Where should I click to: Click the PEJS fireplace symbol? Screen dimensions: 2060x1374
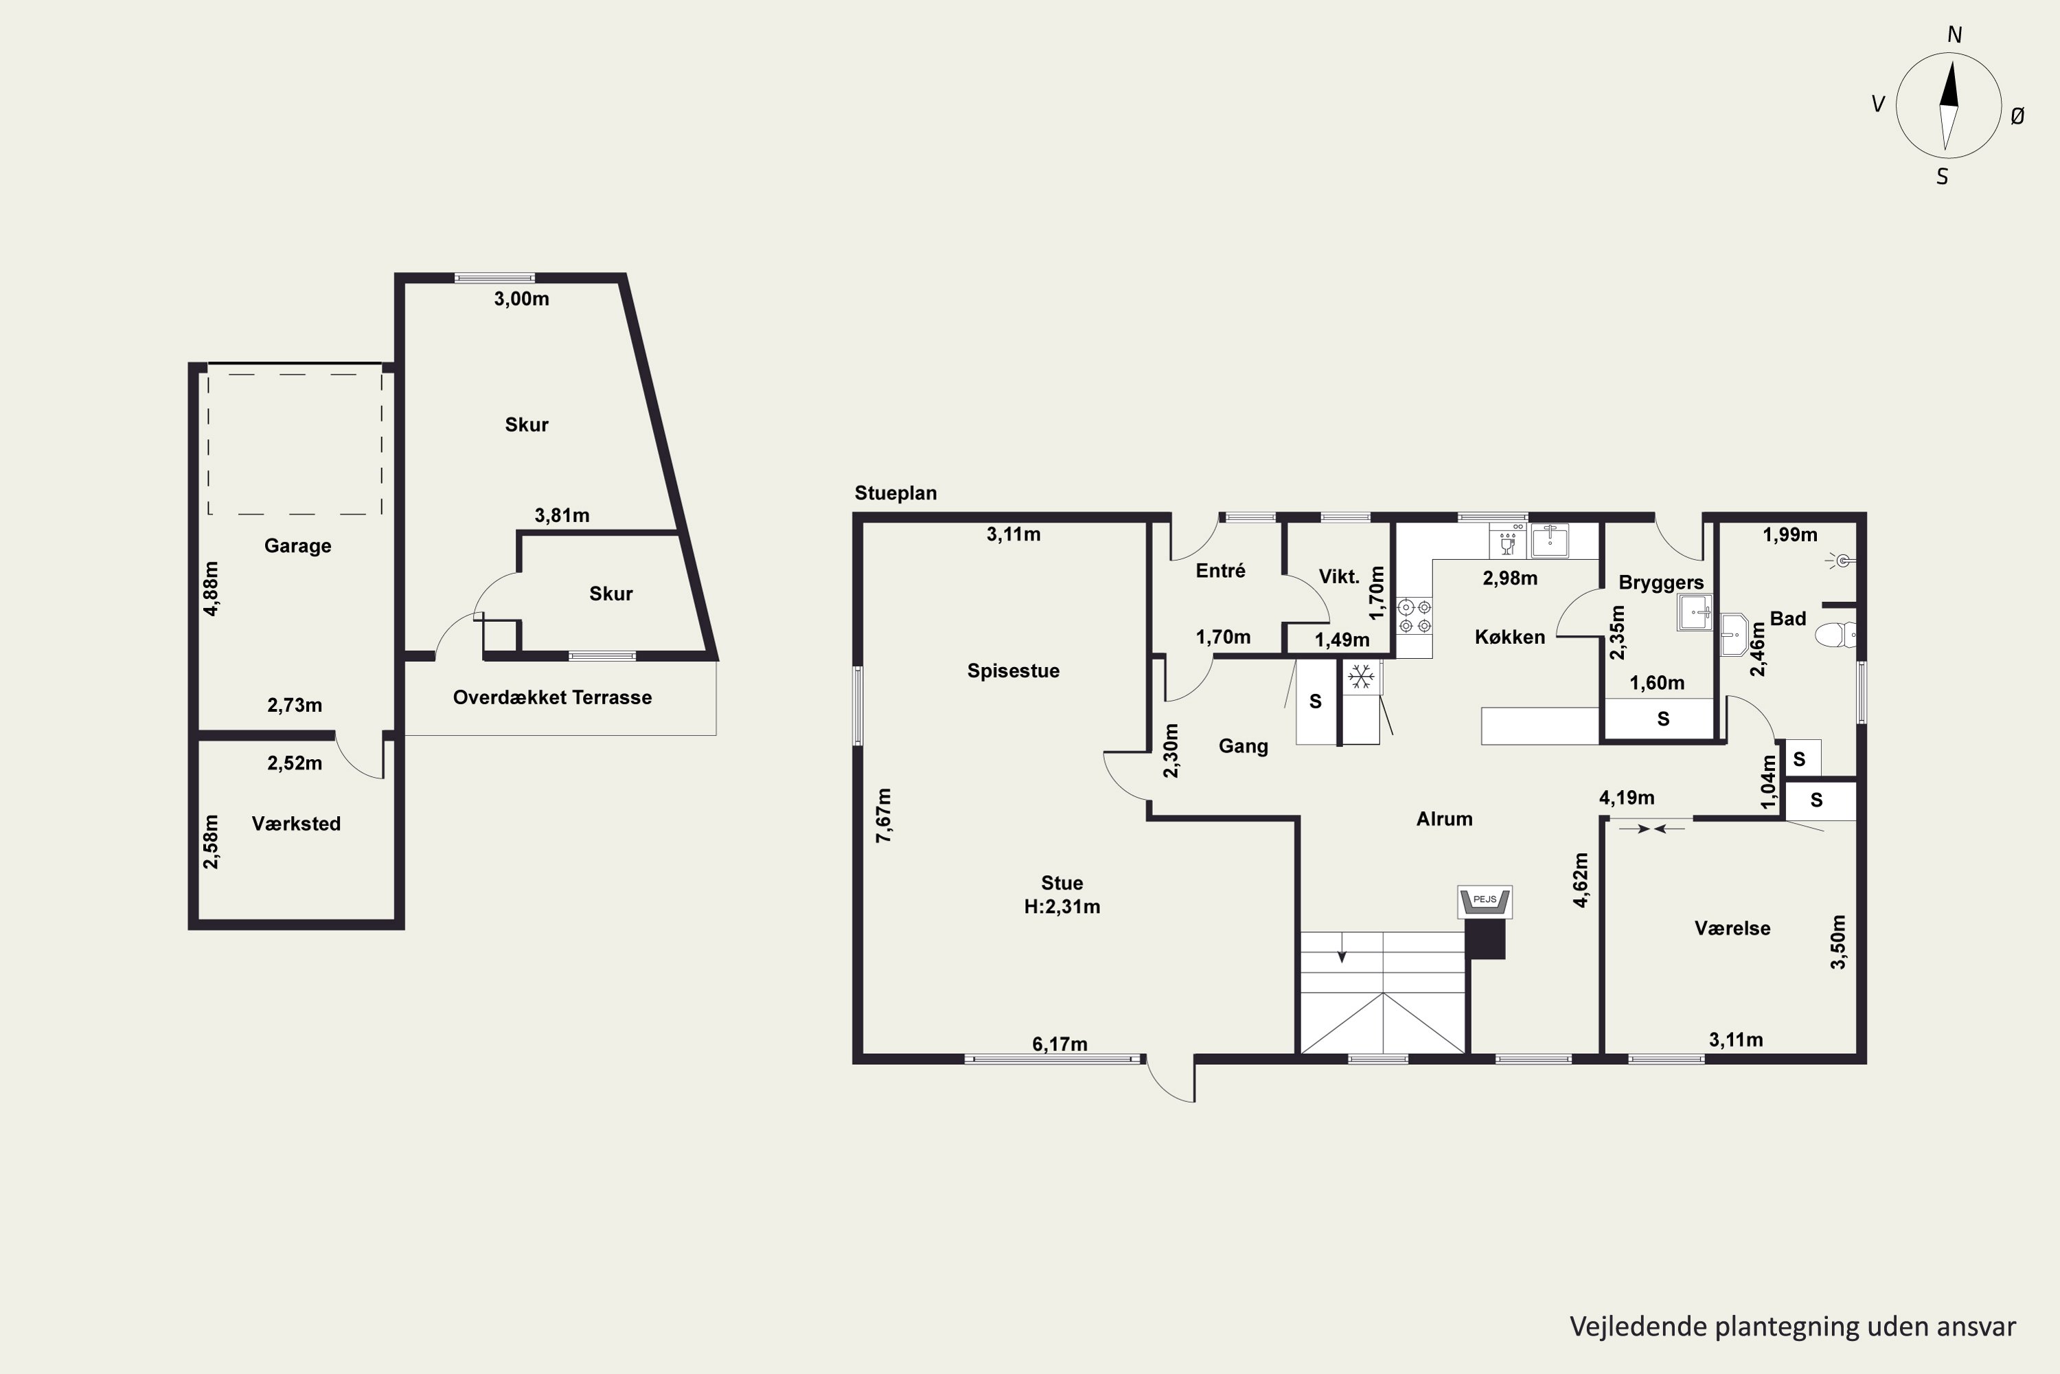[1485, 901]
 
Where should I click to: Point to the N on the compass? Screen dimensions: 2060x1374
[1954, 35]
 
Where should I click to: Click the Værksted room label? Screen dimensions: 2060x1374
[296, 824]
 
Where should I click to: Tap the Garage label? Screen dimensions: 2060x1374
[298, 546]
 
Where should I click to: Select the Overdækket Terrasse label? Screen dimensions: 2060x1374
[552, 697]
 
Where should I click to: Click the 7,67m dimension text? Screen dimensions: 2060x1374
[884, 816]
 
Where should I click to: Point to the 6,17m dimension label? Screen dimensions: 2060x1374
[1060, 1044]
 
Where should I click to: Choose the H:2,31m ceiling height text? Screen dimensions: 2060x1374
[1062, 907]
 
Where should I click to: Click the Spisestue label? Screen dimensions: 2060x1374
[1014, 671]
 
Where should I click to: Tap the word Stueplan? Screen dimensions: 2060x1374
[896, 493]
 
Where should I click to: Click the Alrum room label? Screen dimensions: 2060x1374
[1444, 820]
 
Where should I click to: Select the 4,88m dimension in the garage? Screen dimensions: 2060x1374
[211, 589]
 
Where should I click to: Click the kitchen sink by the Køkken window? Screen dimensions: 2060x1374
[1549, 541]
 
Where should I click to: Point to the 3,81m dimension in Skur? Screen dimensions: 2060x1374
[562, 515]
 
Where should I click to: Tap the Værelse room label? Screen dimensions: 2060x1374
[1732, 928]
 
